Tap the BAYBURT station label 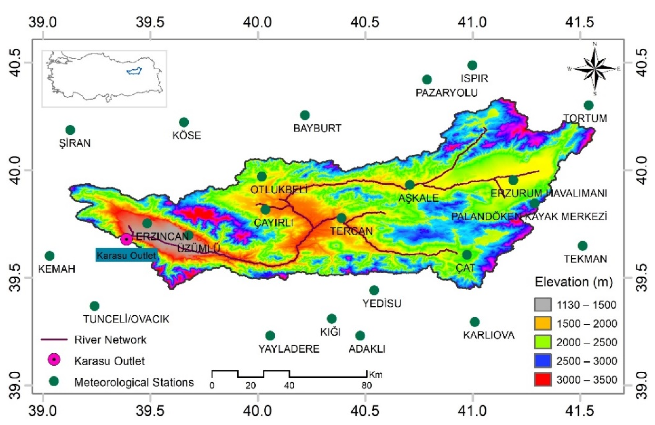click(317, 128)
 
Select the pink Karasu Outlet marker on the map click(126, 239)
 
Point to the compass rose click(595, 69)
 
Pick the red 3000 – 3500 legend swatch click(543, 380)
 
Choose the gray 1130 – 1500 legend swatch click(543, 305)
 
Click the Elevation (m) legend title click(574, 282)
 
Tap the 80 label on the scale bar click(367, 386)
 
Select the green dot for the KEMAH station click(49, 256)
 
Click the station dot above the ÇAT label click(467, 255)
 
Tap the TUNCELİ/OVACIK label click(126, 319)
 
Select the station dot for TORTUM click(588, 105)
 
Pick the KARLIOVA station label click(489, 335)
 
